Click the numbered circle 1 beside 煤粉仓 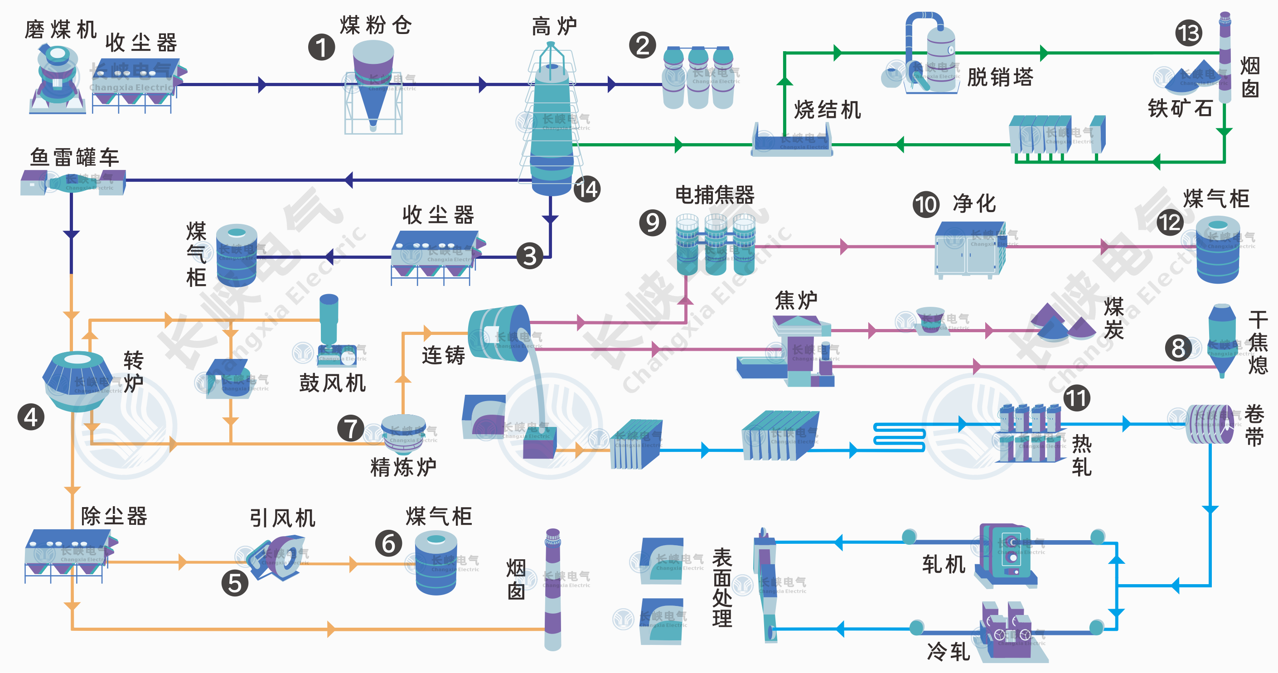321,48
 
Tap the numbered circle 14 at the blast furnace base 587,189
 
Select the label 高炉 554,26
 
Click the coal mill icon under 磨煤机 57,79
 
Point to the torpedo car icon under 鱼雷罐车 73,182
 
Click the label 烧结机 827,110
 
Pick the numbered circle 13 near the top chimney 1189,33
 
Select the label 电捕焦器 714,195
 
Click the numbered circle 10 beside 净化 926,204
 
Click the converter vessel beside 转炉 77,381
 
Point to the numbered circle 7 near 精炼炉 351,428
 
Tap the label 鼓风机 332,383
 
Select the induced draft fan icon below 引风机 276,557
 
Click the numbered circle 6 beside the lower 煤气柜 388,543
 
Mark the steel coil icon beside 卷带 1209,425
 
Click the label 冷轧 948,651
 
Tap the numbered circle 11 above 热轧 1077,398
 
